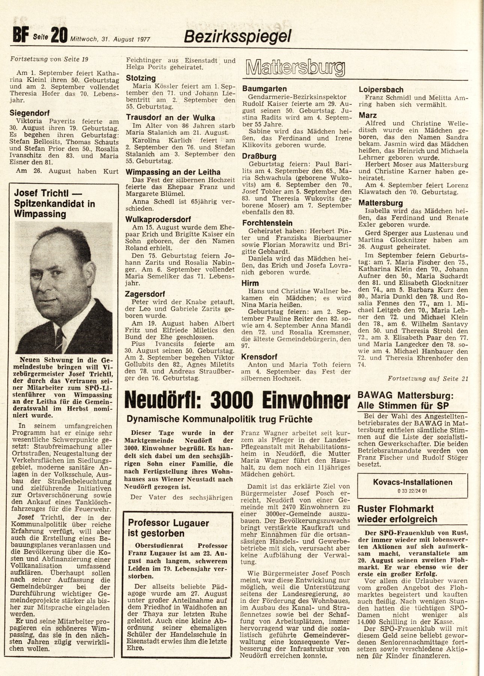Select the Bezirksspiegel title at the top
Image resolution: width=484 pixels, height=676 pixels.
pos(237,36)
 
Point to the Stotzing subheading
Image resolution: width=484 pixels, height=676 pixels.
pos(141,78)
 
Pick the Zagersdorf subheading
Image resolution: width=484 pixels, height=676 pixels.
pos(146,294)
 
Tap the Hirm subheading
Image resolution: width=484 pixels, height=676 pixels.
pos(250,283)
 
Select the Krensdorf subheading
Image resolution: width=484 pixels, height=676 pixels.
pos(259,356)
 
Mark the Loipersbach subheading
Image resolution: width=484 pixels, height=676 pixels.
pos(381,89)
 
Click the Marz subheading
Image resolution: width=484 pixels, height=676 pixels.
pos(368,115)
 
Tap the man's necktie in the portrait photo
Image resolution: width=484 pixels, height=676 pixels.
pos(59,335)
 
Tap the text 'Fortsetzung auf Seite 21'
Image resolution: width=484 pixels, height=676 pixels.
pos(428,378)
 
